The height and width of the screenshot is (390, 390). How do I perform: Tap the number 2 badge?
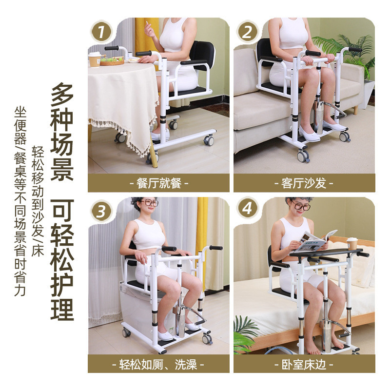coord(248,32)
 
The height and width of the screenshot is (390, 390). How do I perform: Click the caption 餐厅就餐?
coord(158,183)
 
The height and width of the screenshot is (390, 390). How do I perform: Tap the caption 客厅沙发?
coord(304,183)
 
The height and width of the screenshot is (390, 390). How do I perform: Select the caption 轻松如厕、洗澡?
coord(158,364)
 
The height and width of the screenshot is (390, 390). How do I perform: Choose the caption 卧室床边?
coord(304,364)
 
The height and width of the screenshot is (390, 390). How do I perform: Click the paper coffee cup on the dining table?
coord(95,59)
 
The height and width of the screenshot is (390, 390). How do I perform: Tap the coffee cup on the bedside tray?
coord(352,243)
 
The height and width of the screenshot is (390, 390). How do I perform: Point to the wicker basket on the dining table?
coord(112,61)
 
